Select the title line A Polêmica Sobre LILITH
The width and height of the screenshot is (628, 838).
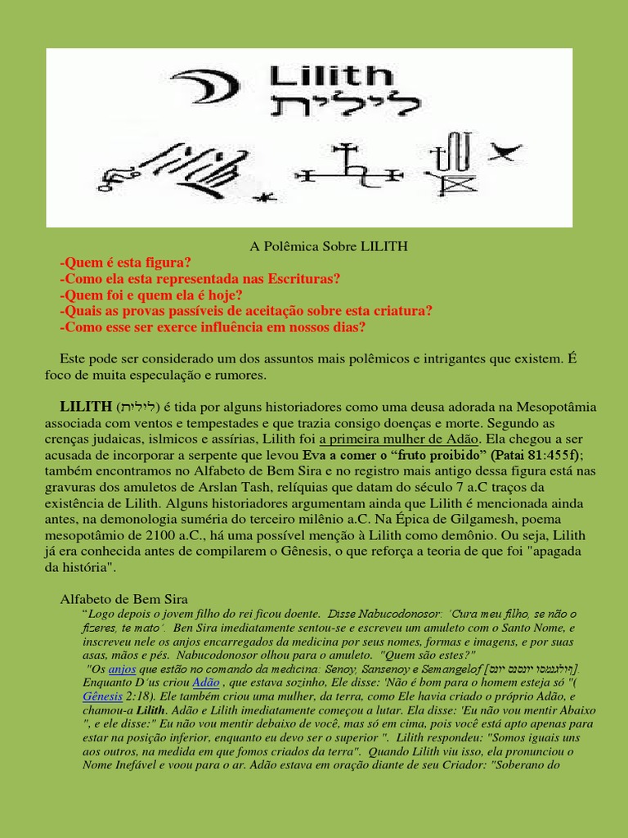tap(328, 246)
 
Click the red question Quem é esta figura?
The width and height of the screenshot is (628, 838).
tap(125, 262)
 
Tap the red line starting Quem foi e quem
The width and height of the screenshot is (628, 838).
tap(151, 295)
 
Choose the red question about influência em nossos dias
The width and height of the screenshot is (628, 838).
tap(213, 327)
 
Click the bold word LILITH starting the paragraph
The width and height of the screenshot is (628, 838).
tap(86, 407)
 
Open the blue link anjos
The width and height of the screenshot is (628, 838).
tap(122, 668)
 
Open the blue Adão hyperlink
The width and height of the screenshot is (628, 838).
tap(205, 682)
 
